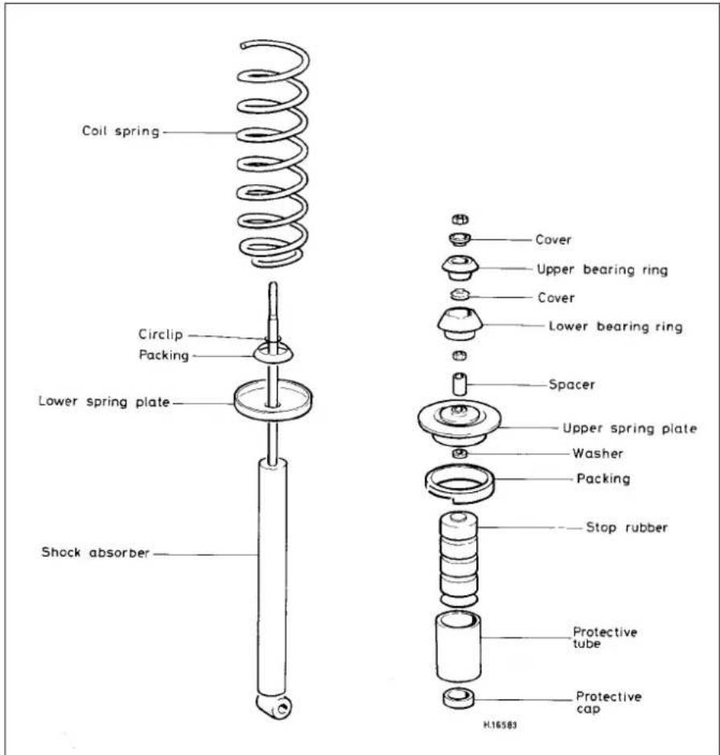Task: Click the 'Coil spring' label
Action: click(x=121, y=131)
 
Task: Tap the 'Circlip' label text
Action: click(x=160, y=334)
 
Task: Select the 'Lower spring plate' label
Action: click(x=104, y=401)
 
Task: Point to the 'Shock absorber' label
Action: click(x=96, y=552)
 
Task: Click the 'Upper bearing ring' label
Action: click(x=603, y=269)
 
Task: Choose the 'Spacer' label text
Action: click(x=572, y=384)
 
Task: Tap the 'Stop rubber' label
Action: click(x=627, y=527)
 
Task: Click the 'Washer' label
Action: click(x=598, y=453)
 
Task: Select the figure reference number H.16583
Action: click(x=500, y=724)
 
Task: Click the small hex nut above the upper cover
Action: click(x=460, y=220)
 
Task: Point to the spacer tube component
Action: click(x=459, y=384)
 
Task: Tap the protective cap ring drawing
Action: click(x=458, y=698)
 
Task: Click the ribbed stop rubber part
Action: click(x=459, y=559)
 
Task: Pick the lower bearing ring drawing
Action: click(x=460, y=323)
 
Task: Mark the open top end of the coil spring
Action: click(x=243, y=46)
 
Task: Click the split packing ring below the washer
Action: click(x=460, y=484)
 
